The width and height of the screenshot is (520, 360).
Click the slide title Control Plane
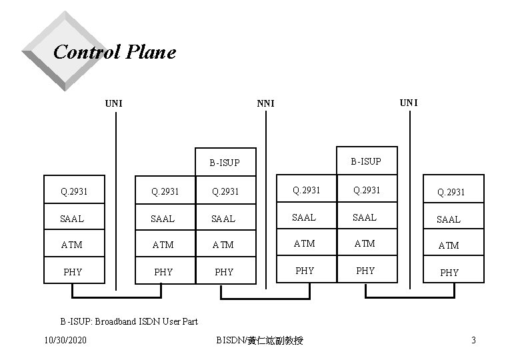[114, 52]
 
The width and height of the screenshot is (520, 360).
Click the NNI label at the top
[266, 103]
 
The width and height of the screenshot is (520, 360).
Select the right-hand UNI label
[409, 102]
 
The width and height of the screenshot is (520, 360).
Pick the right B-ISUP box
[366, 161]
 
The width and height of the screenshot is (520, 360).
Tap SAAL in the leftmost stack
[72, 219]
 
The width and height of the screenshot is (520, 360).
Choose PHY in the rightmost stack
[449, 272]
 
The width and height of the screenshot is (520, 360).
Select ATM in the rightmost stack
[449, 245]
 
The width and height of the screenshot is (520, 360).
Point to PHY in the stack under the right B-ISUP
[365, 271]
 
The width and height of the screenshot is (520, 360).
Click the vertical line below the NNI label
[265, 200]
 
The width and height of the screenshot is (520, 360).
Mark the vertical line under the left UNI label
[116, 200]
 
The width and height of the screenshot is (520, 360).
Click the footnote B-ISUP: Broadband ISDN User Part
[129, 321]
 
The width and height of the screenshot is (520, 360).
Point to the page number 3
[473, 341]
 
